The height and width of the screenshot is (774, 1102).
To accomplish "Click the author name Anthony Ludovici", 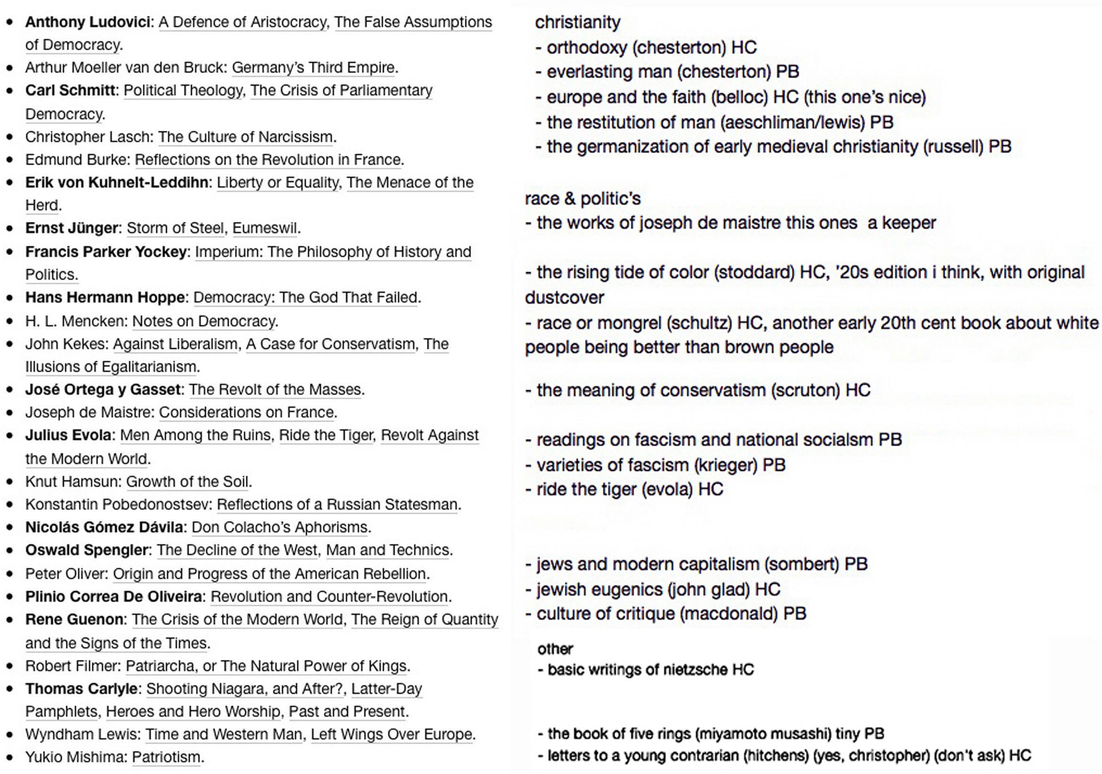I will click(x=88, y=22).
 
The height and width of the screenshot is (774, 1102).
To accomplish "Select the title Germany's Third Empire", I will click(x=314, y=68).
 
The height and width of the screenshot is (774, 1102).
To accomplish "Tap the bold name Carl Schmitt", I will click(x=71, y=90).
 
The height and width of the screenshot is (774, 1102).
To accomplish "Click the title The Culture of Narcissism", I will click(x=245, y=137).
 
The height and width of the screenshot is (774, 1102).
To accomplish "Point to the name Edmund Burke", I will click(x=77, y=159).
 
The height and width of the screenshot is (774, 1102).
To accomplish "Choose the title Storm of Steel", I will click(x=175, y=228).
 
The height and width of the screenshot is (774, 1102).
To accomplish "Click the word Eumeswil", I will click(x=265, y=228).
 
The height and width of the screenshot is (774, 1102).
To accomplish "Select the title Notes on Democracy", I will click(x=204, y=321).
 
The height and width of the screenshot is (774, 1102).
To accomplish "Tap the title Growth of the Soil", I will click(x=188, y=481).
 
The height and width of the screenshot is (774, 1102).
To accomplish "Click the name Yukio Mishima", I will click(x=76, y=757).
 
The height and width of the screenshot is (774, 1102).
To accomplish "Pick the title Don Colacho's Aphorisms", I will click(x=280, y=527).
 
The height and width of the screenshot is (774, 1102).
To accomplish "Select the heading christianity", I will click(x=578, y=22).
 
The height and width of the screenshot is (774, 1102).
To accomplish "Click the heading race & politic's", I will click(x=582, y=198).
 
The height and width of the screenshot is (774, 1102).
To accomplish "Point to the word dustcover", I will click(x=564, y=297).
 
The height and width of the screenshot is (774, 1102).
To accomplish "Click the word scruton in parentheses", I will click(x=805, y=390).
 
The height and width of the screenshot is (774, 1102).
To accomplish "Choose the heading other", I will click(x=555, y=649).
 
